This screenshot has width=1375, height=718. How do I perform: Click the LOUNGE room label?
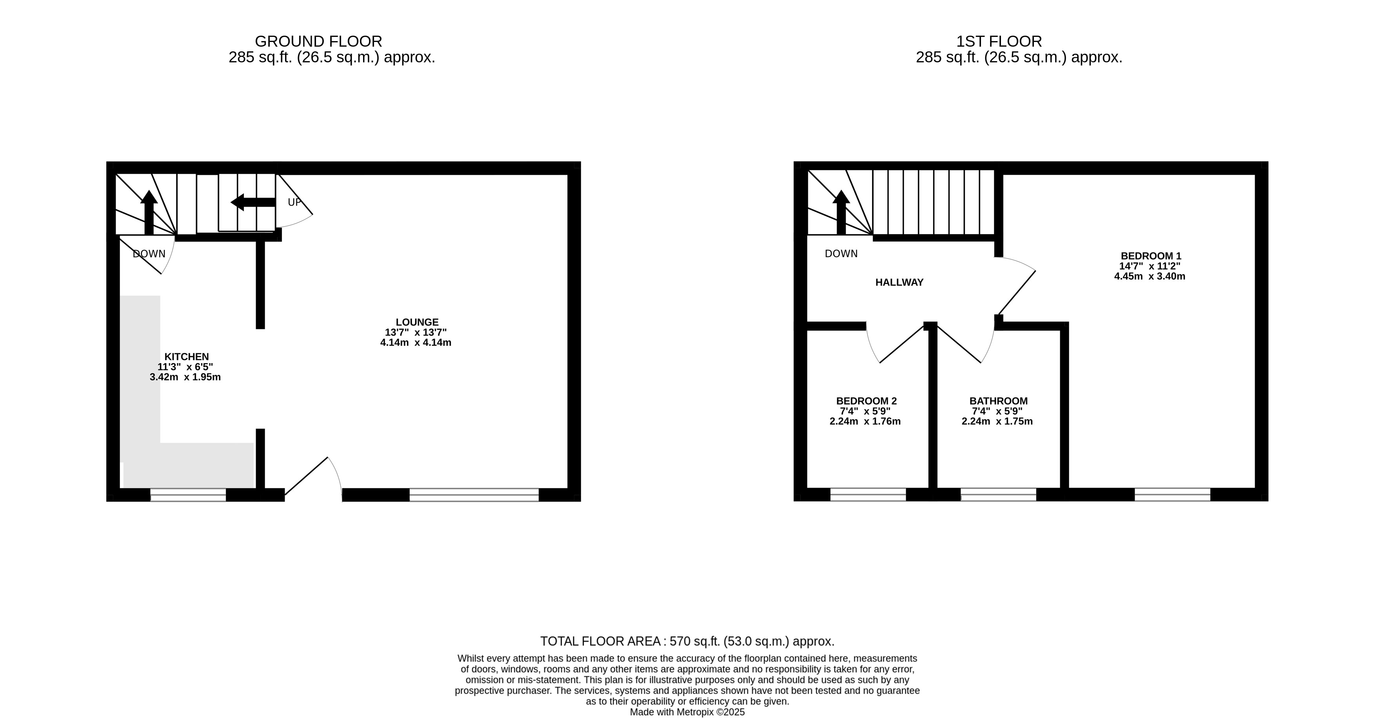417,322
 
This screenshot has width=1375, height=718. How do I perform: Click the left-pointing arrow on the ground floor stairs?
253,202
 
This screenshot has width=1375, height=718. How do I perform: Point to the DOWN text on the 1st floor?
841,254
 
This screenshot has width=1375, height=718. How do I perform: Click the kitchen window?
189,495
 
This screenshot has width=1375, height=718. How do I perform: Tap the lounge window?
474,495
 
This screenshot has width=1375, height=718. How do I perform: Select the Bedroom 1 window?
1173,495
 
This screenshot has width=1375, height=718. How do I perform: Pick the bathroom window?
999,495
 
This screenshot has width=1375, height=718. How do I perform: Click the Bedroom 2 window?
868,495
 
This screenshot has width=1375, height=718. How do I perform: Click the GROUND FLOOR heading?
319,42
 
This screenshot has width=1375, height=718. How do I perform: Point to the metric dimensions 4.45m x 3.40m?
1150,276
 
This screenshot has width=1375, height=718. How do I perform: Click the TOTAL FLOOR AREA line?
688,642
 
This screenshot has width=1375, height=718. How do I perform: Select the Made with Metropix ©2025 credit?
688,712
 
